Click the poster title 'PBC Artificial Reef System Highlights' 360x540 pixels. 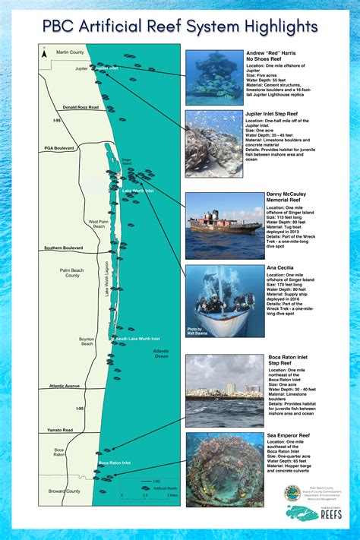pos(180,27)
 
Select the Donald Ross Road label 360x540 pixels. pos(81,107)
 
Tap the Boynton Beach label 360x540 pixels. pos(87,341)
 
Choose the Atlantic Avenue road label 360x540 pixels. pos(65,386)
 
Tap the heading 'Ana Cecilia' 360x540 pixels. pos(279,268)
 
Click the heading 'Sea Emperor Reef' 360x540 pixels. pos(287,436)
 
